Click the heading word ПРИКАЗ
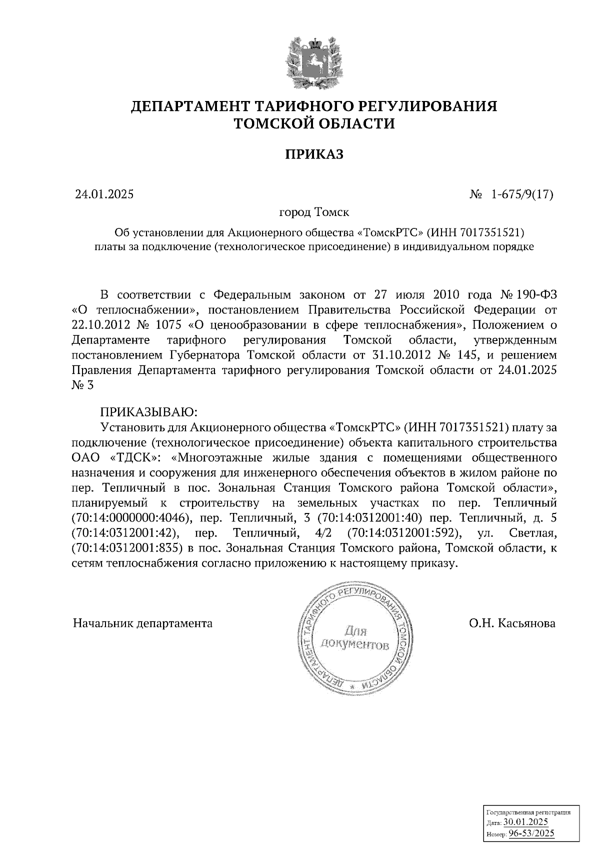click(x=314, y=154)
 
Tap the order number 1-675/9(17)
click(x=522, y=194)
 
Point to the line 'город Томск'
click(x=314, y=212)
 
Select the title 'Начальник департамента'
click(x=142, y=623)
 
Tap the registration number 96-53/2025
click(x=531, y=833)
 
